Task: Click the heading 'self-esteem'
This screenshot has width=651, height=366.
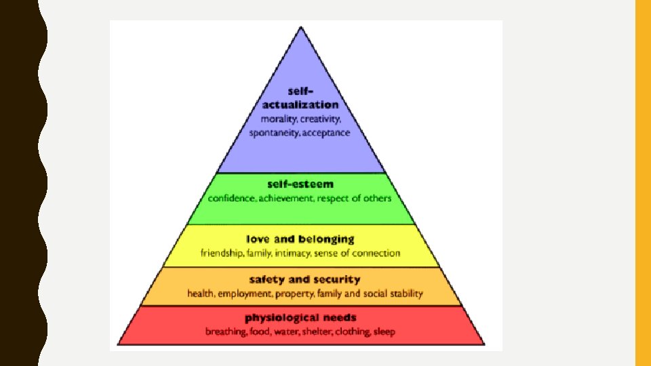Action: [300, 184]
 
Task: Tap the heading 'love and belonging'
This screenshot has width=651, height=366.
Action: [300, 239]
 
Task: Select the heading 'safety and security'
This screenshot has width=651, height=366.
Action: [304, 279]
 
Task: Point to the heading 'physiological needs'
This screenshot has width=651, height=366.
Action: [300, 317]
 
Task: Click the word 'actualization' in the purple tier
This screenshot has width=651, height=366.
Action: [300, 105]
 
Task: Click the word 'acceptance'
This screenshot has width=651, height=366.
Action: [327, 132]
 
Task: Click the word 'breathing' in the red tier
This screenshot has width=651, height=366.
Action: [226, 331]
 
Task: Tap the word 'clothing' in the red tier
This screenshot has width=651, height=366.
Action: [351, 331]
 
